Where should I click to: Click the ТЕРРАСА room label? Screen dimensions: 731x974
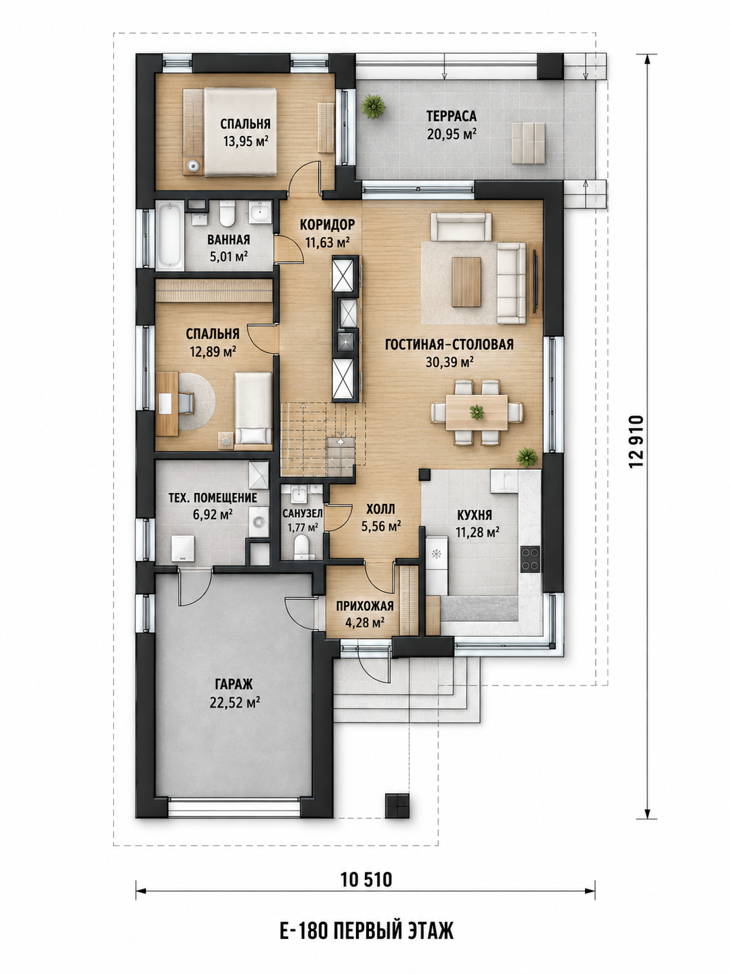[x=451, y=116]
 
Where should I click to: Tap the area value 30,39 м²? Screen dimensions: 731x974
[x=449, y=362]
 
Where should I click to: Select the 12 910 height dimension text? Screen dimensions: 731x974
[x=635, y=441]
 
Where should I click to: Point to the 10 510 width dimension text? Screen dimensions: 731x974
[x=366, y=879]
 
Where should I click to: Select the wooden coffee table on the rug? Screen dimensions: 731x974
[x=466, y=282]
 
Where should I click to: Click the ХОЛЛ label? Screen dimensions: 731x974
[x=381, y=509]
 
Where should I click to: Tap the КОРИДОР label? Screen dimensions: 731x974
[x=328, y=225]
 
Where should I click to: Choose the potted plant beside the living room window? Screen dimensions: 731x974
[x=527, y=457]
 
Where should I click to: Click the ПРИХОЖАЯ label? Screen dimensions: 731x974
[x=365, y=605]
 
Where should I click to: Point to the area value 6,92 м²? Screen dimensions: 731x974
[x=213, y=515]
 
